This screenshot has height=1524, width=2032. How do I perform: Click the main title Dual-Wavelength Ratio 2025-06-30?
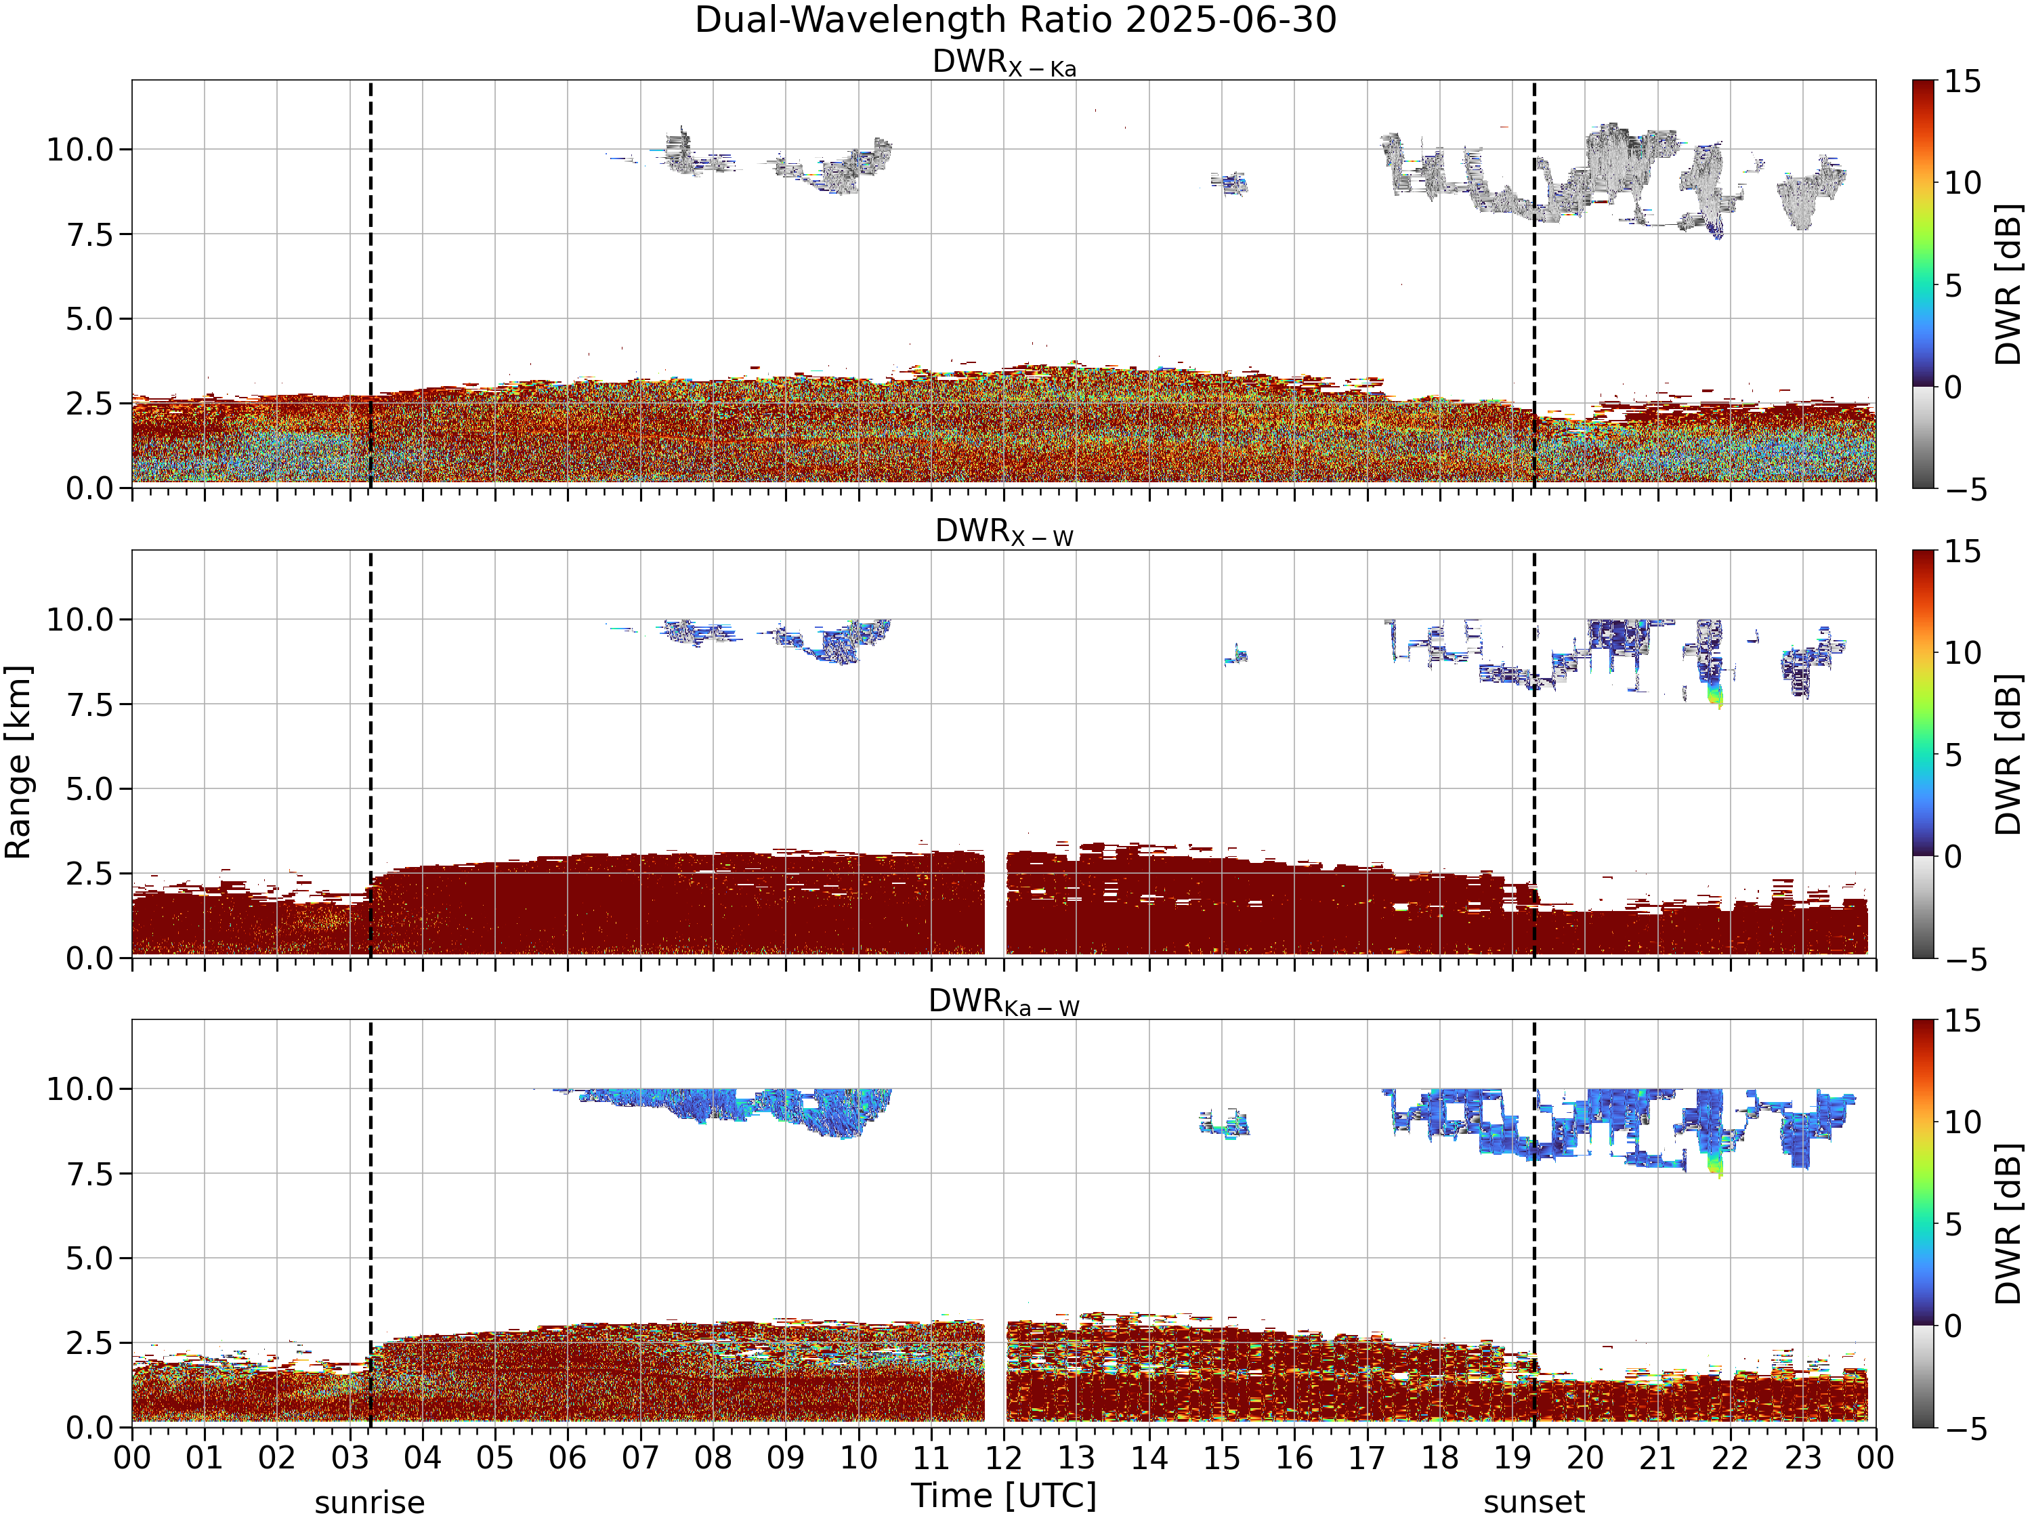click(1015, 20)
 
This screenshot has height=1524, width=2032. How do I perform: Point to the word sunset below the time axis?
click(1534, 1503)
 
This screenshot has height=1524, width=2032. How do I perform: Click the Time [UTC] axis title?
click(1004, 1496)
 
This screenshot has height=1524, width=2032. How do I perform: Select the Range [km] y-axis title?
click(18, 763)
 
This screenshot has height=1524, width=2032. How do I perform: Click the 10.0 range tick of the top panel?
click(80, 150)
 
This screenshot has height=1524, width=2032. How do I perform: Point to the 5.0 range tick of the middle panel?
click(89, 789)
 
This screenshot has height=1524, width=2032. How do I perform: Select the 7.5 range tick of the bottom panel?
click(89, 1174)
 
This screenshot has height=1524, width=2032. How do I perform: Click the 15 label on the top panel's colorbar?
click(1962, 83)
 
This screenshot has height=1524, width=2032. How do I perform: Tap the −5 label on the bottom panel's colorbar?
click(1966, 1429)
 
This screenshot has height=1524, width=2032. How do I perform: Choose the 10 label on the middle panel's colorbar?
click(1962, 653)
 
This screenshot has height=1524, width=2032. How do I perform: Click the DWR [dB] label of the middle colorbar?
click(2008, 754)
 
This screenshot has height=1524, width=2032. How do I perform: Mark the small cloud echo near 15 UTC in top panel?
click(1227, 183)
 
